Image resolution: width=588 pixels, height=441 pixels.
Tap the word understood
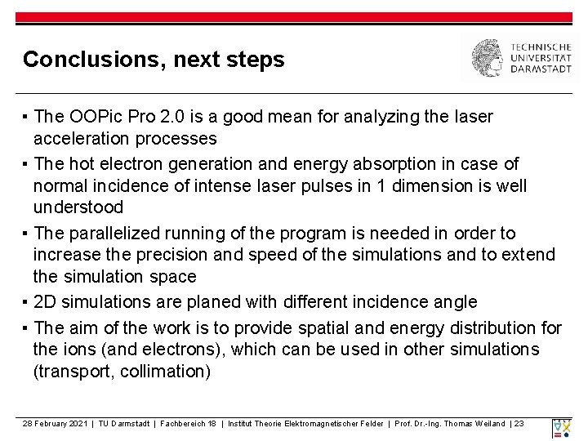pos(78,207)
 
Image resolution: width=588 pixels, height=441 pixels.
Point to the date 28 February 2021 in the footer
pos(55,424)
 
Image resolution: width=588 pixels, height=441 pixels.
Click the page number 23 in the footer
pos(520,424)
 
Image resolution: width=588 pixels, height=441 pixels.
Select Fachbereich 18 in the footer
pos(189,424)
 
